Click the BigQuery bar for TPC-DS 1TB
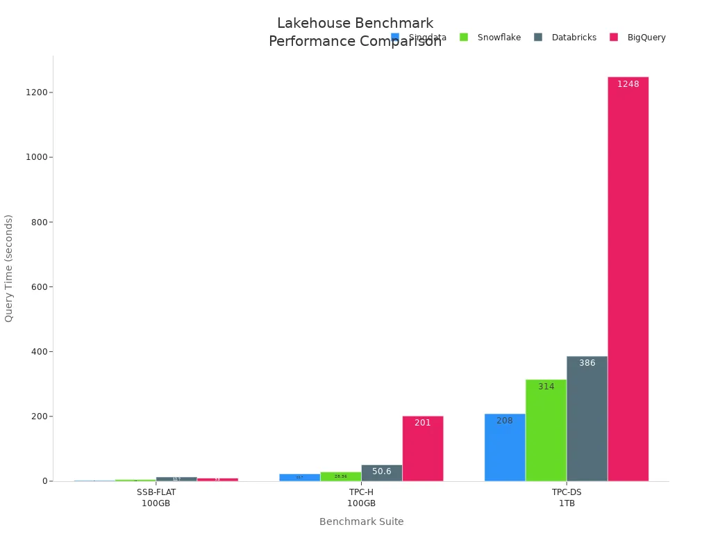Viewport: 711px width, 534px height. (628, 278)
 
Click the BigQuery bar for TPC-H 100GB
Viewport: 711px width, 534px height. (423, 448)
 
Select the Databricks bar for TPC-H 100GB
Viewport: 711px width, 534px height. (382, 473)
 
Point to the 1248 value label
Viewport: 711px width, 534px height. (628, 84)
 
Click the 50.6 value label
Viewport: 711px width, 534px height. (382, 471)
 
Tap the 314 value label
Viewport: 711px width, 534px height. (546, 387)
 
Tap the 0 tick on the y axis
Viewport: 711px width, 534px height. (44, 481)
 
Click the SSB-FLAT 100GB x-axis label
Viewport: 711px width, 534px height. (156, 497)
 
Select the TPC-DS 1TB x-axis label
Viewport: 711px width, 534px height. (567, 497)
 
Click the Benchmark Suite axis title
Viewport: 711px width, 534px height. (361, 521)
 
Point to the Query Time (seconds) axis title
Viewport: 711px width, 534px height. (9, 268)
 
